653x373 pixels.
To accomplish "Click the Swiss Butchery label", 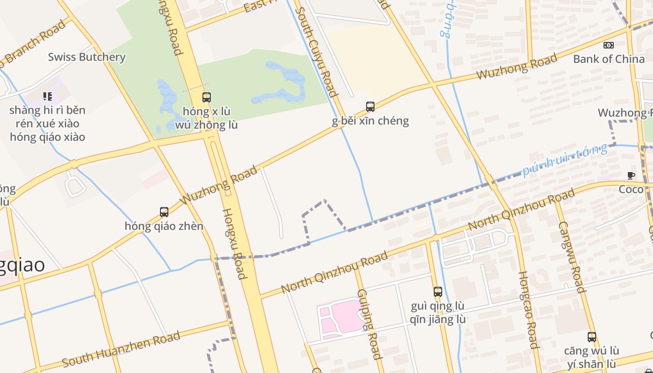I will pyautogui.click(x=87, y=57).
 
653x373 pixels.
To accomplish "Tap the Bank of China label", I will pyautogui.click(x=609, y=59).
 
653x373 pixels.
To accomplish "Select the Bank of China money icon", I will pyautogui.click(x=609, y=45).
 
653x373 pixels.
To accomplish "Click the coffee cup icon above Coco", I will pyautogui.click(x=631, y=176).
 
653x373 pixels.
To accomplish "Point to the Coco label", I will pyautogui.click(x=631, y=189).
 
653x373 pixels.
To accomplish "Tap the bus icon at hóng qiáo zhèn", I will pyautogui.click(x=164, y=212).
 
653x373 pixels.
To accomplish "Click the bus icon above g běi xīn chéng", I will pyautogui.click(x=370, y=107).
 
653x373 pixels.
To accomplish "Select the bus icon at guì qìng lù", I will pyautogui.click(x=438, y=292).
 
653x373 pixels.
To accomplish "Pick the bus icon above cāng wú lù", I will pyautogui.click(x=592, y=337).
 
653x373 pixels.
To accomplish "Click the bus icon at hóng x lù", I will pyautogui.click(x=207, y=97).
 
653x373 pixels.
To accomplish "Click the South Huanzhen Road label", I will pyautogui.click(x=121, y=349).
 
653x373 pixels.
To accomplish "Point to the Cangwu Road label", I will pyautogui.click(x=571, y=256).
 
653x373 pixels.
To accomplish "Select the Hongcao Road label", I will pyautogui.click(x=528, y=310).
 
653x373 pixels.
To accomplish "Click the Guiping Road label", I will pyautogui.click(x=370, y=324).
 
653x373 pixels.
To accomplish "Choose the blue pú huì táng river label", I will pyautogui.click(x=565, y=160).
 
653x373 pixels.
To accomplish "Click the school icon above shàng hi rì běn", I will pyautogui.click(x=47, y=97).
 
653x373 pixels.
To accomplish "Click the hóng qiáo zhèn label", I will pyautogui.click(x=164, y=226).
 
